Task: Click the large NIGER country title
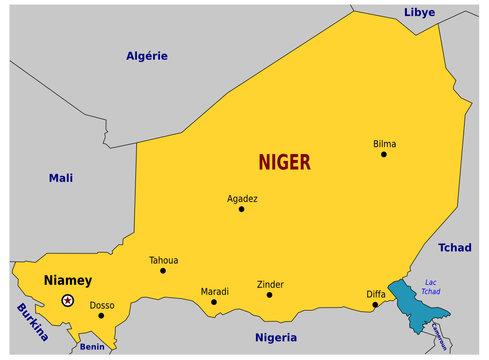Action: point(284,162)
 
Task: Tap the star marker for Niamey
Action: point(68,300)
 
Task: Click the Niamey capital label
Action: point(67,280)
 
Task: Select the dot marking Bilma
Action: point(384,155)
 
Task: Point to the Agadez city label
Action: point(242,198)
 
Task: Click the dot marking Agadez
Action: point(241,209)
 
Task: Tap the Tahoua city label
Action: point(163,259)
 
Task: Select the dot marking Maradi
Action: point(214,302)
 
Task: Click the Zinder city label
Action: point(270,284)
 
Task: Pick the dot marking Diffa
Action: point(375,305)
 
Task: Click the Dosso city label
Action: point(102,305)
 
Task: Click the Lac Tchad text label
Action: point(431,287)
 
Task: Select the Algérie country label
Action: point(146,56)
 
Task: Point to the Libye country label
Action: point(419,13)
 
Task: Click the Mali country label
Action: point(61,178)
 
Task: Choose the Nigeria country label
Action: point(276,337)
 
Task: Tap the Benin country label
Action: point(92,347)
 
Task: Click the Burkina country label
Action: point(31,325)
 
